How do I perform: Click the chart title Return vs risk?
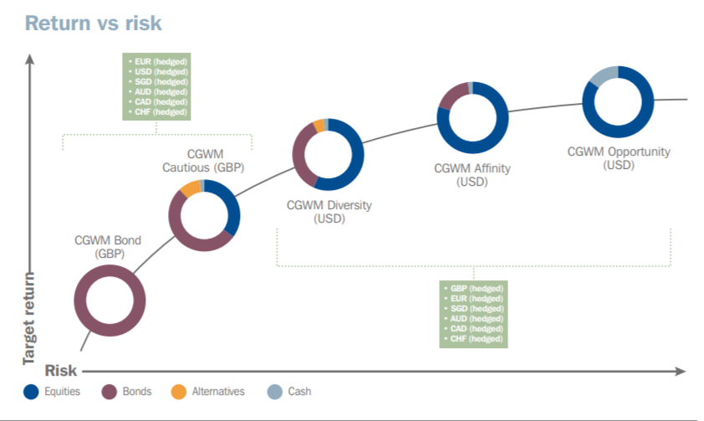click(x=93, y=23)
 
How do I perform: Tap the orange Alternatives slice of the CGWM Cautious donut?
click(x=191, y=187)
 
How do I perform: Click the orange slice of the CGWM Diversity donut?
click(x=319, y=126)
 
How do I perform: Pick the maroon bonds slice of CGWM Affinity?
click(x=452, y=95)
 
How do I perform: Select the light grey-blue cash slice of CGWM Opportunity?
click(x=603, y=75)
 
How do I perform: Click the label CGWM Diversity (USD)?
click(x=329, y=212)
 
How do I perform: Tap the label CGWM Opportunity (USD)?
click(x=619, y=158)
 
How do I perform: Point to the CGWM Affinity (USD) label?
click(x=472, y=175)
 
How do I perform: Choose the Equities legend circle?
click(x=31, y=392)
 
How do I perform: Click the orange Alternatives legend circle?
click(x=179, y=392)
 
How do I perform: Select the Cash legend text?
click(x=299, y=392)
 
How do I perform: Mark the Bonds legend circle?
click(x=109, y=392)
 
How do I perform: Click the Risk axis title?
click(x=60, y=371)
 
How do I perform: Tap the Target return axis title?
click(x=28, y=318)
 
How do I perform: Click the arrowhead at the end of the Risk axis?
click(x=681, y=371)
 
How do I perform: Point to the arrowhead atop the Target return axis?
click(x=29, y=59)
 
